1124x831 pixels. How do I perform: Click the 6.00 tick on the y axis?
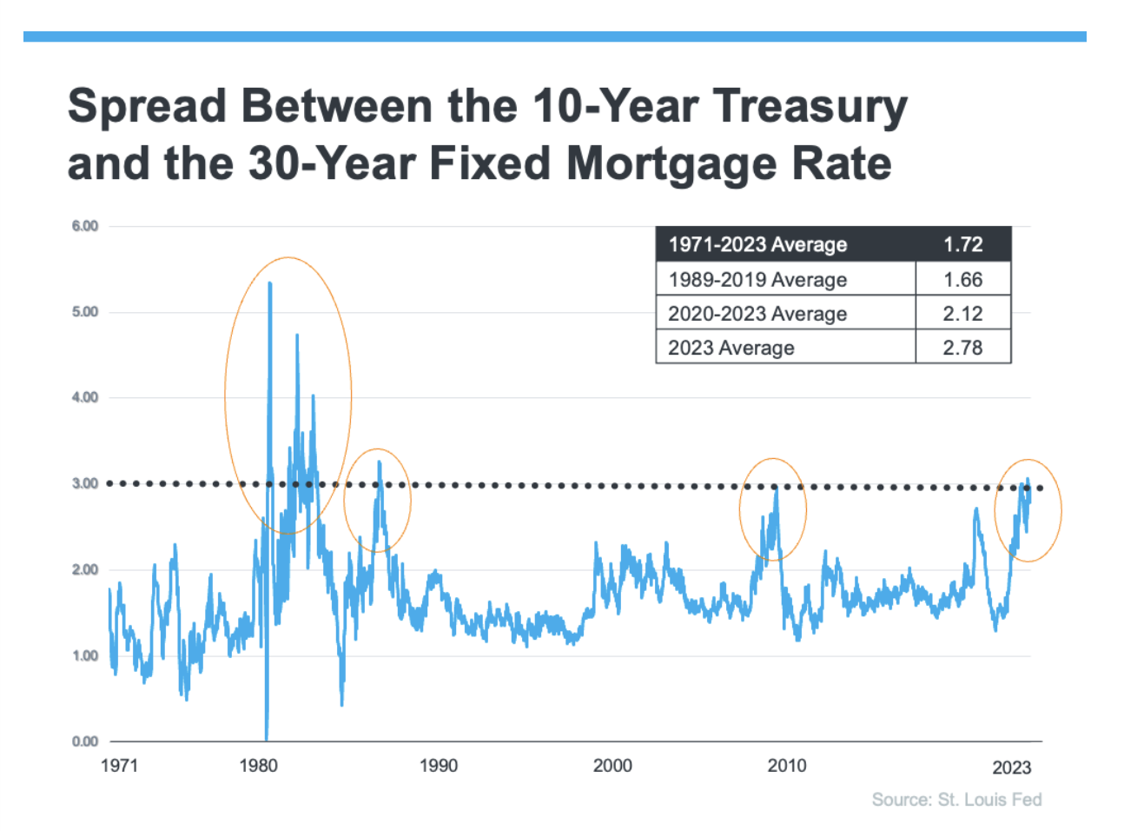tap(85, 226)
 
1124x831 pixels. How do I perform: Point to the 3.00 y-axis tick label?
tap(85, 483)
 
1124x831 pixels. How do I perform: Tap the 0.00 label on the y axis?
tap(85, 741)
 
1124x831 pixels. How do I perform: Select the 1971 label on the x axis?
tap(119, 766)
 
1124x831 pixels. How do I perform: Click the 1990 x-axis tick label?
tap(439, 766)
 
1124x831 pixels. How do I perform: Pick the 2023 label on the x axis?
tap(1012, 768)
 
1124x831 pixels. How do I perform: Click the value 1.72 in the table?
tap(963, 245)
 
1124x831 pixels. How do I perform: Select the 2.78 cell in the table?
tap(963, 348)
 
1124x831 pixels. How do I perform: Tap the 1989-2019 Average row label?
tap(757, 280)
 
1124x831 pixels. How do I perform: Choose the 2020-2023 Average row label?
tap(757, 314)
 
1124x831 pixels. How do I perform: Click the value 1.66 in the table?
tap(963, 280)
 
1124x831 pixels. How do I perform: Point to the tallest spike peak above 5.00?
tap(270, 283)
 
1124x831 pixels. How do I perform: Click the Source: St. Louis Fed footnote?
tap(956, 800)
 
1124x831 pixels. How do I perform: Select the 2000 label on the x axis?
tap(612, 766)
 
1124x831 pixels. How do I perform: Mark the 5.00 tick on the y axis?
tap(85, 312)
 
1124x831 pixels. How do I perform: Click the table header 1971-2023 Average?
tap(757, 245)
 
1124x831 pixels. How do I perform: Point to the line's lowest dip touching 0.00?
tap(266, 737)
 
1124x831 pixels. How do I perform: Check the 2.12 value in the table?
tap(963, 314)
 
